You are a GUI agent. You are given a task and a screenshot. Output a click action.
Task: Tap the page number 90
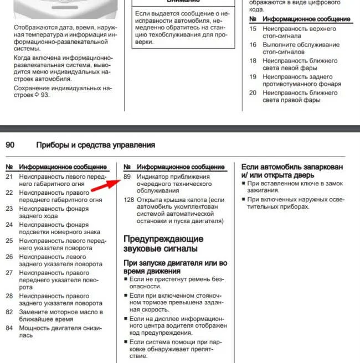coord(10,145)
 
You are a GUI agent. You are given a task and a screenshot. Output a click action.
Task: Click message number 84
coord(9,328)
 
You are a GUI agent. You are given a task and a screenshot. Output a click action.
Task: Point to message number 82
coord(9,312)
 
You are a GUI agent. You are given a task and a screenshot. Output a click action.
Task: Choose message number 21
coord(9,177)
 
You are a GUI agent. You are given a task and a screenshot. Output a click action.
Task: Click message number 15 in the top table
coord(253,28)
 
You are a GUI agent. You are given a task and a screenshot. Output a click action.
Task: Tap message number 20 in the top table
coord(253,92)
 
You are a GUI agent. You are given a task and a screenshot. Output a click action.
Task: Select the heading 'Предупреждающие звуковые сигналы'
coord(163,244)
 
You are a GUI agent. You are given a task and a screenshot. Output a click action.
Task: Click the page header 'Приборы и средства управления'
coord(95,145)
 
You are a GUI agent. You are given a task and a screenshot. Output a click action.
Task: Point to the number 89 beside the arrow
coord(127,177)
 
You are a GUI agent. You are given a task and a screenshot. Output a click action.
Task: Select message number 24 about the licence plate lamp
coord(9,225)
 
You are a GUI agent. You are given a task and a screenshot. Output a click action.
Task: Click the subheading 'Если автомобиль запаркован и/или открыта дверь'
coord(292,170)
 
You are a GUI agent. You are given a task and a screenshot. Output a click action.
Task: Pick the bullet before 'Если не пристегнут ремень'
coord(125,280)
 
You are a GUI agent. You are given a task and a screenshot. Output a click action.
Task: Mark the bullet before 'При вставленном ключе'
coord(244,183)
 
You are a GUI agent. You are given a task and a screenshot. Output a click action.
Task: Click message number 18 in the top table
coord(253,60)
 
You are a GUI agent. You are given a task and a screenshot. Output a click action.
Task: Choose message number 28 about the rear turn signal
coord(9,296)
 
